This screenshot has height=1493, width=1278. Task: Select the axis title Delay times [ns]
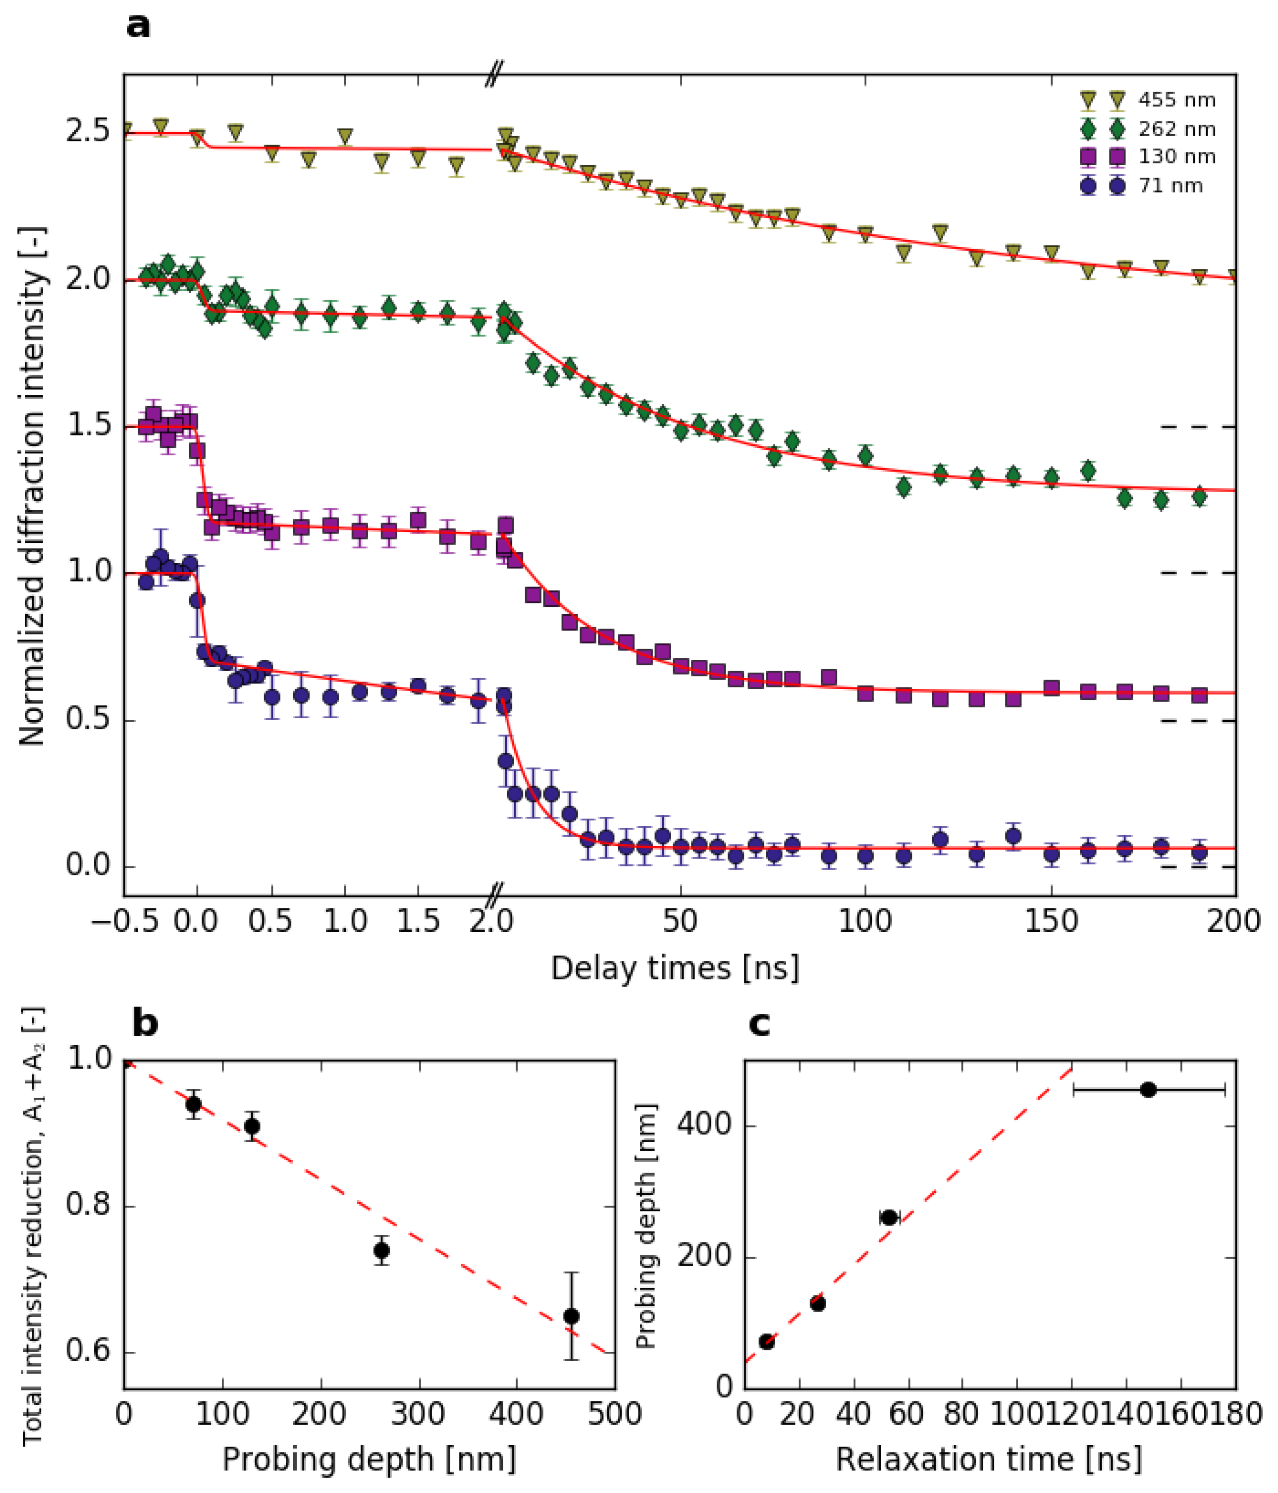(675, 968)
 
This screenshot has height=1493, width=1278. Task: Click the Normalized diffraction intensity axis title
(32, 486)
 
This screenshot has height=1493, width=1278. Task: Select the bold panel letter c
(759, 1024)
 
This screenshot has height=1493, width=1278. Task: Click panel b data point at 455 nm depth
(571, 1317)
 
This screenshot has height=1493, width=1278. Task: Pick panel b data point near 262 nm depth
(381, 1250)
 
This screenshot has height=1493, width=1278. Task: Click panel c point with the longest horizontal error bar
(1148, 1090)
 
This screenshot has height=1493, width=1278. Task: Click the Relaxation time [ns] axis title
(989, 1460)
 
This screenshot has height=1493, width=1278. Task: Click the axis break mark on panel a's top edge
(493, 73)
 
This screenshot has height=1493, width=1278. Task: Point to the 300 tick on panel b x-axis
(419, 1414)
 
